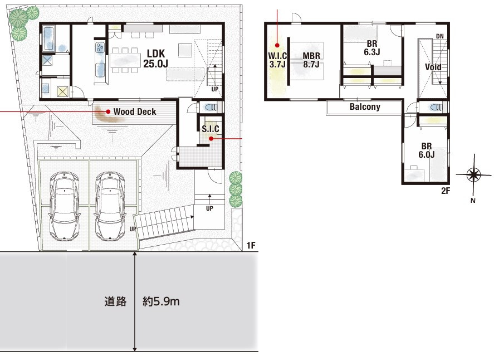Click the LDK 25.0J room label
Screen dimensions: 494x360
155,59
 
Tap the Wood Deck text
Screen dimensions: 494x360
135,111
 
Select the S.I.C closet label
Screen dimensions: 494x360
211,129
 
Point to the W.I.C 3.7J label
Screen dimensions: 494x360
277,60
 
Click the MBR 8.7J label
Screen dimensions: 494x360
311,60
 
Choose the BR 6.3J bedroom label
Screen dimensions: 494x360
372,48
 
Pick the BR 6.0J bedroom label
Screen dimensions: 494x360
427,150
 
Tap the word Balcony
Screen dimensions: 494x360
365,107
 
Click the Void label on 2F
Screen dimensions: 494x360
433,67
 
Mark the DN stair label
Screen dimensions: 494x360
440,36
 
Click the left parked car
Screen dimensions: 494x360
64,206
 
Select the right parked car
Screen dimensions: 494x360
110,206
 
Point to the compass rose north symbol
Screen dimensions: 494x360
473,174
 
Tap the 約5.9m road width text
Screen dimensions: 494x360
161,301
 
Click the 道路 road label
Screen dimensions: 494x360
115,301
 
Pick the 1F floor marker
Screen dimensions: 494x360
251,245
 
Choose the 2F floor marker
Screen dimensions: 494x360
446,191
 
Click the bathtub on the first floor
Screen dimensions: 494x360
48,39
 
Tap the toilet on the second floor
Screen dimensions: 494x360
436,108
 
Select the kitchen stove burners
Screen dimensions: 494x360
100,47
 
